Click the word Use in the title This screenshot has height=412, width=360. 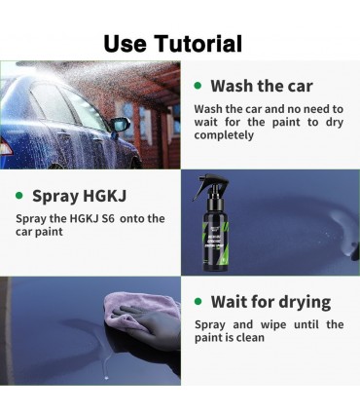coord(126,43)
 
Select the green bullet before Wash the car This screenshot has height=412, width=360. coord(198,86)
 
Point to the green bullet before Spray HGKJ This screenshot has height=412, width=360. coord(20,195)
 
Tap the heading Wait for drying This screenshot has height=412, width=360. coord(270,302)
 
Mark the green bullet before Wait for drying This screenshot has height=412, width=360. coord(198,302)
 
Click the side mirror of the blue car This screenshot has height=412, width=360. coord(120,125)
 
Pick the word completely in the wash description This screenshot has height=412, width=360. coord(226,135)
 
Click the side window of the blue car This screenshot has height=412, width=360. coord(58,102)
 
